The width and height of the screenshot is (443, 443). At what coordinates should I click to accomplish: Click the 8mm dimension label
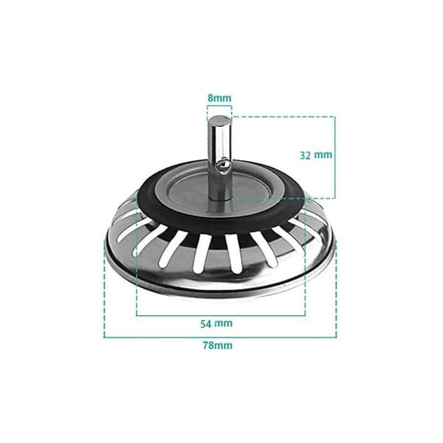219,98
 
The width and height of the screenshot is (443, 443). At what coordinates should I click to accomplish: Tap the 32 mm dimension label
316,155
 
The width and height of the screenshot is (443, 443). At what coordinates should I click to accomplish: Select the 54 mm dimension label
216,323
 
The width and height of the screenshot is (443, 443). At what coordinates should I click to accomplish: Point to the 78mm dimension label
218,346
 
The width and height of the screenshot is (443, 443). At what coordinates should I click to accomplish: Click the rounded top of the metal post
219,120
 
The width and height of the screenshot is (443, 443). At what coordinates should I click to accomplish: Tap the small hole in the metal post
224,165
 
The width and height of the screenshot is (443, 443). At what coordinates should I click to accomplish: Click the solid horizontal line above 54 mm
221,315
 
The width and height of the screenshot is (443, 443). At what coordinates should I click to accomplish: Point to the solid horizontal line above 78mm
220,337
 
